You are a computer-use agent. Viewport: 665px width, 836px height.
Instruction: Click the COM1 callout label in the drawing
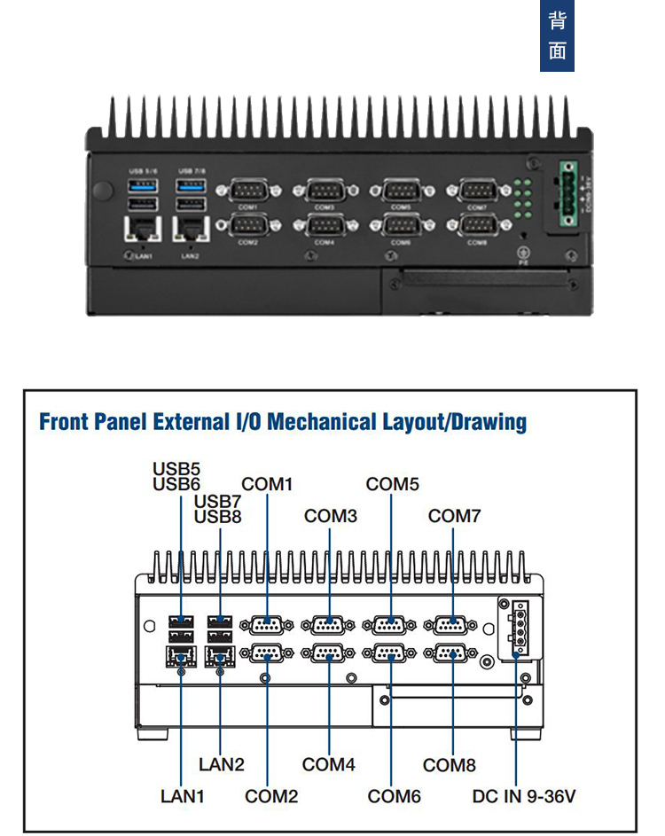pos(267,484)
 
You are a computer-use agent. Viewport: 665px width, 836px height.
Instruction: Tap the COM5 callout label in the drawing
pos(392,484)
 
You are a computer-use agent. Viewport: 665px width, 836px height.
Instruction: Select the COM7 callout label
pos(454,515)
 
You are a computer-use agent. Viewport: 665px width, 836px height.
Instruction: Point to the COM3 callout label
pos(330,515)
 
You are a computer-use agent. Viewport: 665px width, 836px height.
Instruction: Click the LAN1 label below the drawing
pos(182,796)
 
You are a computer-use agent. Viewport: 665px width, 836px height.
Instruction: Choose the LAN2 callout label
pos(221,764)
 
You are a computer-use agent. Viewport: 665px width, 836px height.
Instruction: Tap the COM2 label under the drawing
pos(271,796)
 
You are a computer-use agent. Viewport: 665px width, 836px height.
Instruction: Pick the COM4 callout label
pos(328,764)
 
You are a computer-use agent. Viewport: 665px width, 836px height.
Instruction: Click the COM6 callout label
pos(394,796)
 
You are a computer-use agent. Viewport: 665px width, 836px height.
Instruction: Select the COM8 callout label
pos(450,765)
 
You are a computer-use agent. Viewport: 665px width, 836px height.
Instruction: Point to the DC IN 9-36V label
pos(524,796)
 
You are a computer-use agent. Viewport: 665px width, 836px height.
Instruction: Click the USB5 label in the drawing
pos(176,468)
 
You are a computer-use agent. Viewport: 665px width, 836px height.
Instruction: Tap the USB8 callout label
pos(217,516)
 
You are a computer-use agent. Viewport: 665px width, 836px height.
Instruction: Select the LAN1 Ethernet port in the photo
pos(142,229)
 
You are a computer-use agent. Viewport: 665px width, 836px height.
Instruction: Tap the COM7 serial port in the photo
pos(477,189)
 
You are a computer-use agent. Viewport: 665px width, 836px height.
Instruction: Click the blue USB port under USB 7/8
pos(191,185)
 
